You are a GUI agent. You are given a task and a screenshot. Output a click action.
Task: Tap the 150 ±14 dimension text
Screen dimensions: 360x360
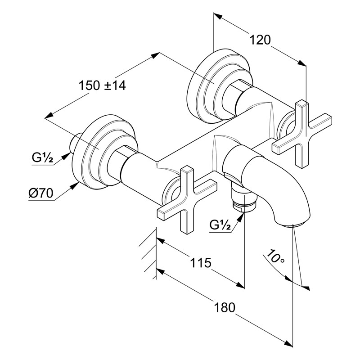point(102,85)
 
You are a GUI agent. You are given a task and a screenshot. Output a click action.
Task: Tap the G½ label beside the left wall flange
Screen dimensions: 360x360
point(43,158)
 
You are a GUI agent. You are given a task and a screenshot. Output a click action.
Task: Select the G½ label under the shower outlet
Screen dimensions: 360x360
point(220,224)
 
